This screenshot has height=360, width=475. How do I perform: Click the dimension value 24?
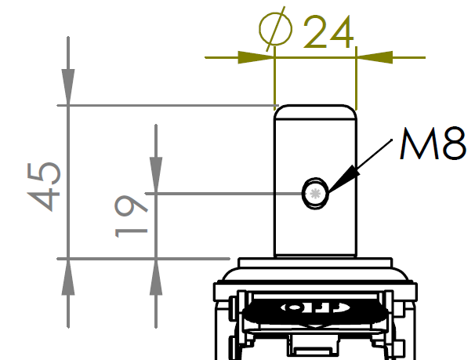(x=328, y=32)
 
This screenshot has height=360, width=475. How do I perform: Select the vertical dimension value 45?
(x=46, y=187)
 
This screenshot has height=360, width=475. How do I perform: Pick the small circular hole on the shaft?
(x=316, y=192)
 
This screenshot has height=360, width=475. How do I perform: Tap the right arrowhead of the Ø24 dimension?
(x=374, y=57)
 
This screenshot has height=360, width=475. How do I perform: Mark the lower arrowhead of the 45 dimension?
(x=69, y=276)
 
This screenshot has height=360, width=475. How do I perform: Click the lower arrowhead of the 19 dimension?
(x=156, y=276)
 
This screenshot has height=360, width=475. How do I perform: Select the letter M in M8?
(x=415, y=144)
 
